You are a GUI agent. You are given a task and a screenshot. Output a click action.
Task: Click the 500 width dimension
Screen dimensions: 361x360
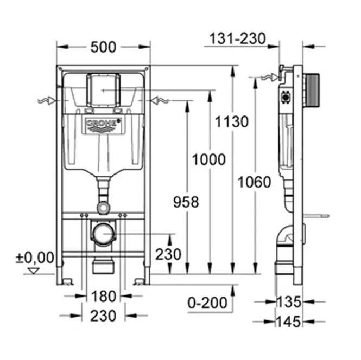[103, 47]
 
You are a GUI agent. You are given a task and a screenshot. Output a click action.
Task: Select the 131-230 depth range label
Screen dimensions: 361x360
[238, 38]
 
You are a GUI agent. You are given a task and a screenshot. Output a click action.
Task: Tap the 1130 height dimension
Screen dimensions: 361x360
[232, 121]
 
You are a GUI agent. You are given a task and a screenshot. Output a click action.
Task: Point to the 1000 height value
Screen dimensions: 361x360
[209, 159]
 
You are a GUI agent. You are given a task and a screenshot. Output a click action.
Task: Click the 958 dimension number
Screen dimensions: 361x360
[186, 202]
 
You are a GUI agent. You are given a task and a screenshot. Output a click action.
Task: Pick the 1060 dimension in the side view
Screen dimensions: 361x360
[255, 182]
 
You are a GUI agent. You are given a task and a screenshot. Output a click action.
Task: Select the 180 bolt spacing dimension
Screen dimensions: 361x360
[103, 296]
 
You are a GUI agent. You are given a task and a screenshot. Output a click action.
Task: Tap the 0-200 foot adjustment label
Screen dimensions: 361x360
[207, 303]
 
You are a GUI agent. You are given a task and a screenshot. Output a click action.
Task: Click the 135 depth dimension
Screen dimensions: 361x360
[289, 302]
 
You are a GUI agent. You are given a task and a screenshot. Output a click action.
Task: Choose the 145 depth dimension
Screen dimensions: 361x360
[289, 322]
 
